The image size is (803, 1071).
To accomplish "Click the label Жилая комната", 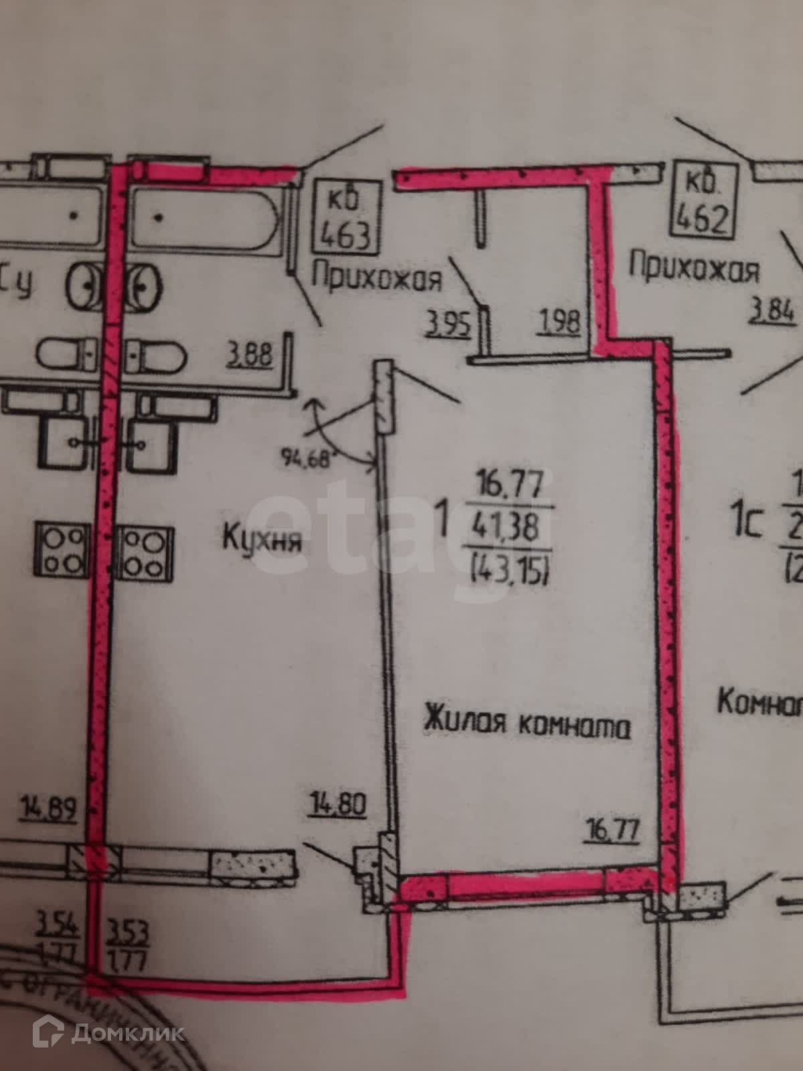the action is [527, 725].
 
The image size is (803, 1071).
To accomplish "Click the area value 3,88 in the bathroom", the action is [250, 353].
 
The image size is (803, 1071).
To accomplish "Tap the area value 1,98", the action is [557, 323].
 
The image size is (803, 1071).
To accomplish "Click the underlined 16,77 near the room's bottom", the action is [612, 831].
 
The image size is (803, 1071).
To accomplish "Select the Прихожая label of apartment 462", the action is [695, 270].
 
